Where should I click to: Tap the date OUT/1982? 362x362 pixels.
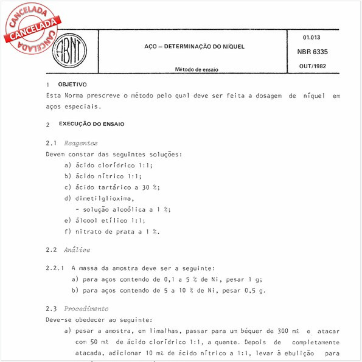tap(313, 66)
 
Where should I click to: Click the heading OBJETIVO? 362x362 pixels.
tap(72, 84)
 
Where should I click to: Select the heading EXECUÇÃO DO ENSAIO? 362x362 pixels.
tap(91, 124)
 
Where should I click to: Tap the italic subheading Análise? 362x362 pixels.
tap(77, 249)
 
